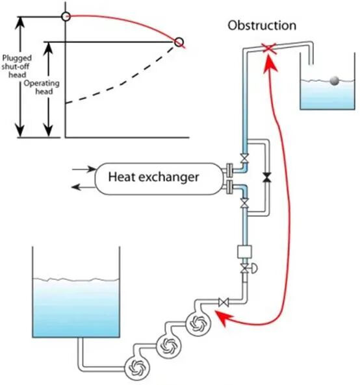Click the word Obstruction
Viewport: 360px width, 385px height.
click(x=262, y=25)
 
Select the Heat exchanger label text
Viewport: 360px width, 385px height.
click(x=153, y=177)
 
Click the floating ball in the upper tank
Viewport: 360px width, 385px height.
click(x=334, y=81)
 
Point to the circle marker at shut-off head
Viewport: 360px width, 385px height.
click(x=66, y=17)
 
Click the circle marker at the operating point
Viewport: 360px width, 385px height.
click(x=179, y=42)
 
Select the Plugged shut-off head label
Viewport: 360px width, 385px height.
click(x=17, y=66)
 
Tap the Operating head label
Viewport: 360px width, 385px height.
click(x=42, y=87)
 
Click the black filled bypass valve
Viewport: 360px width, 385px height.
click(x=267, y=177)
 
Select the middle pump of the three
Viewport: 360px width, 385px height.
click(x=169, y=346)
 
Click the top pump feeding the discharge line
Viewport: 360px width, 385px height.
click(x=198, y=323)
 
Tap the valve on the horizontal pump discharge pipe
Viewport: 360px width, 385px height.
click(x=223, y=302)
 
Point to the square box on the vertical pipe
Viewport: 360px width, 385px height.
click(x=244, y=252)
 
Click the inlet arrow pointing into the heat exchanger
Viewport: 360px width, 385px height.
click(x=84, y=169)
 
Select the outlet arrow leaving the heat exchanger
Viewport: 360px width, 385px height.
click(x=84, y=187)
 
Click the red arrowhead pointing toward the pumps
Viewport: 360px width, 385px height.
click(x=223, y=317)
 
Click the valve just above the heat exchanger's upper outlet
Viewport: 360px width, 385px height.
click(x=244, y=158)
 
